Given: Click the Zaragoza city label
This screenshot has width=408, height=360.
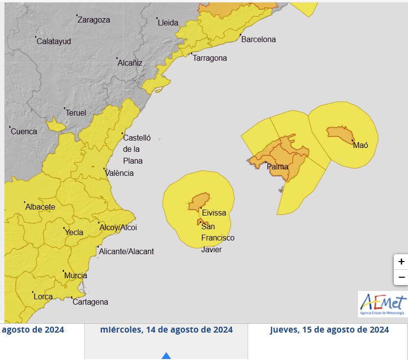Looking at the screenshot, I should point(94,20).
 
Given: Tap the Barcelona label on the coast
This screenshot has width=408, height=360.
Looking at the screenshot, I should point(258,39).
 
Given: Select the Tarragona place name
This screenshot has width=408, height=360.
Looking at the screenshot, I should point(210,58).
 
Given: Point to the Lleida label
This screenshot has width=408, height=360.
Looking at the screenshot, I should point(168,23).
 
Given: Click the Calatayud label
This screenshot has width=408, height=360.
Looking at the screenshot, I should point(54,41).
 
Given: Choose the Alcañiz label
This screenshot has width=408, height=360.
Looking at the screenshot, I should point(130,63).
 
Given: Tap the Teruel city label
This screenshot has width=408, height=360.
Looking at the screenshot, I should point(76,113).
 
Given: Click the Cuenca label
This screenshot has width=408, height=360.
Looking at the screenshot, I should point(24,131).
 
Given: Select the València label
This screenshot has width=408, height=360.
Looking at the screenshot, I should point(120,173).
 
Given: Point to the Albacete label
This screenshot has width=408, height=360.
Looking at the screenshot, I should point(40,207).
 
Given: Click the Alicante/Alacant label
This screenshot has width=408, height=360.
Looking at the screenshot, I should point(127,251).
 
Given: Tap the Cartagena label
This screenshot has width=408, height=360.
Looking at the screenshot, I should point(90,302).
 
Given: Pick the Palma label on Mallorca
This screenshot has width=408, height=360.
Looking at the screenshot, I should point(278,167).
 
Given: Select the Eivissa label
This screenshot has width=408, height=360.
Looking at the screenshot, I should point(214,213).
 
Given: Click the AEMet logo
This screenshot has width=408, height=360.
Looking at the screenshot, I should point(382,304).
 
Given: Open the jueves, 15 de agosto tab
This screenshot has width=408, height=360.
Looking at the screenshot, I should point(329,330).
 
